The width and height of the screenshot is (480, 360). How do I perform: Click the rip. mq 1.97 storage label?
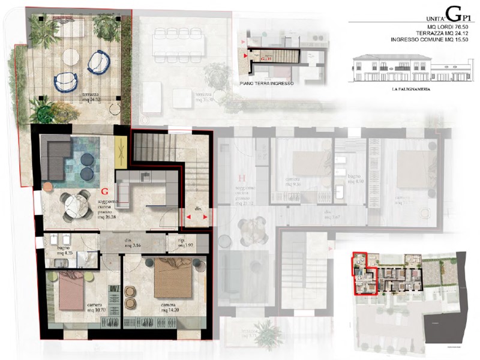[x=190, y=244]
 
